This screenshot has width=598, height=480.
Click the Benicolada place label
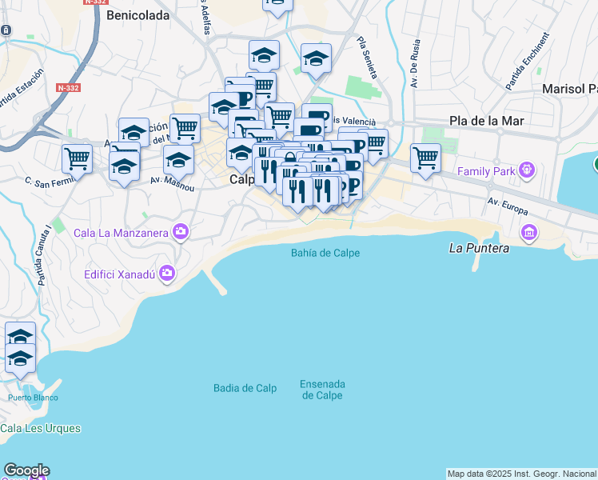pos(138,15)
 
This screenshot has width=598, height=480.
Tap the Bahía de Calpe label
pos(325,253)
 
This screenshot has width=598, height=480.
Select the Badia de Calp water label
pos(245,388)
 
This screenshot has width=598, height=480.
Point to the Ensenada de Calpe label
pos(322,390)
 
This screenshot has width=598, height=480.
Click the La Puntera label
pos(479,248)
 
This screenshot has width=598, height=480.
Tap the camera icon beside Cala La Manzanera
pos(181,233)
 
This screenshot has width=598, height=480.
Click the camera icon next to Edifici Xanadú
pos(166,274)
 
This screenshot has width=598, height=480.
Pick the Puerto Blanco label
pos(33,398)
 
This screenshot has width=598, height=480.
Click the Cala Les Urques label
pos(41,428)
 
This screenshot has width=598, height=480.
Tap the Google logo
pos(26,470)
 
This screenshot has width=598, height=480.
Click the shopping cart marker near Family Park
pos(425,157)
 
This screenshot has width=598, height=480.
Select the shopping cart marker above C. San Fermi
pos(77,158)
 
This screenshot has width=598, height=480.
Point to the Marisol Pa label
pos(569,88)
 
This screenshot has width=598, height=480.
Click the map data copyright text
pos(521,474)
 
